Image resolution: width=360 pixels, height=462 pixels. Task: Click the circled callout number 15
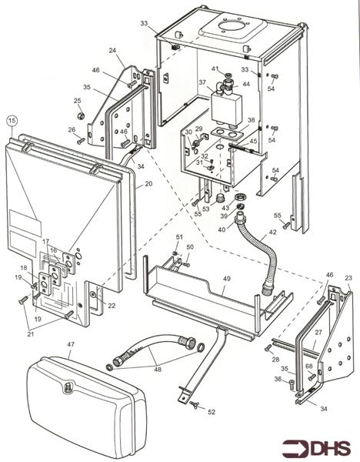12,120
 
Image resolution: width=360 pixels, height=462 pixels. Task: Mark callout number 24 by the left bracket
112,51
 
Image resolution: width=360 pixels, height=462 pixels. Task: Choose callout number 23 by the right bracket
348,278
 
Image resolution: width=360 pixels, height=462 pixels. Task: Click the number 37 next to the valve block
202,82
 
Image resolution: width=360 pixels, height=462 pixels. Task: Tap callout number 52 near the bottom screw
212,413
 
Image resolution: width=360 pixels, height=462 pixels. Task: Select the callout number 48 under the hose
157,369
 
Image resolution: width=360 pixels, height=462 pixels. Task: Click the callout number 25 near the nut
78,101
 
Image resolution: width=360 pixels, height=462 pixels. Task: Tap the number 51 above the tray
179,236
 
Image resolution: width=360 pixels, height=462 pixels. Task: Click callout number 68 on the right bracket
308,367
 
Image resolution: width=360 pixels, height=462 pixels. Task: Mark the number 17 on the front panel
46,242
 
